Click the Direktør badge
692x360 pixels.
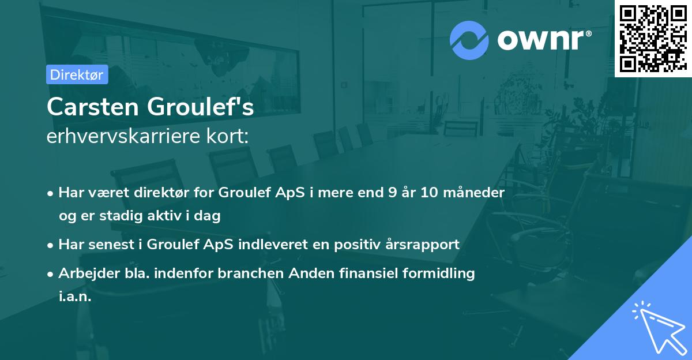point(77,74)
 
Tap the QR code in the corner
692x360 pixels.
point(653,38)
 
